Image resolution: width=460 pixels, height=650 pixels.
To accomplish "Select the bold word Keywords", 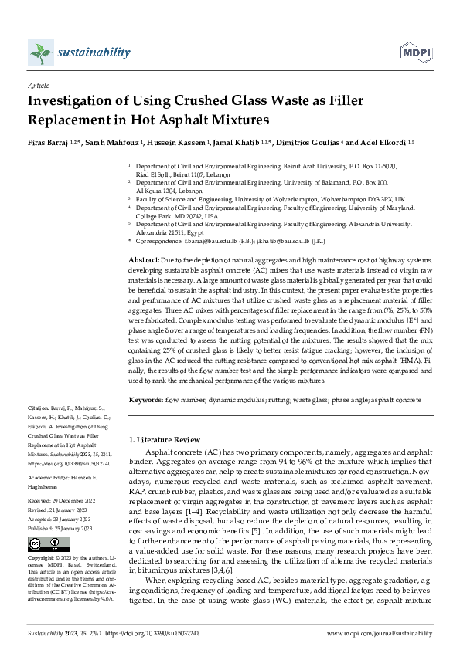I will [145, 400].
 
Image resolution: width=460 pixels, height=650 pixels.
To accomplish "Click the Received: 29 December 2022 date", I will [61, 501].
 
